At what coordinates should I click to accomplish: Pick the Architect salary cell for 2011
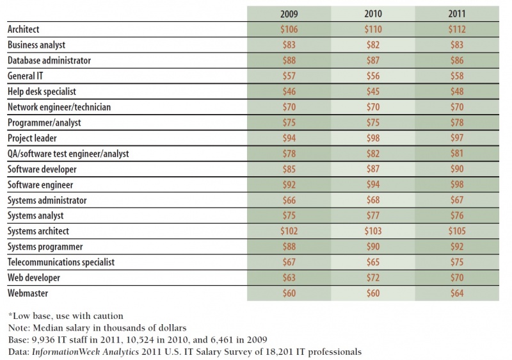point(458,29)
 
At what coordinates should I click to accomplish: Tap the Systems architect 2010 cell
point(373,231)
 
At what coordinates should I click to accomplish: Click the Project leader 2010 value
point(373,138)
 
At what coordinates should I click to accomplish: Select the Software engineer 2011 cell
point(458,184)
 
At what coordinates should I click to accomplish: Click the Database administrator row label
point(48,61)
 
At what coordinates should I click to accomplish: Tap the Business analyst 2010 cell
point(373,45)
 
